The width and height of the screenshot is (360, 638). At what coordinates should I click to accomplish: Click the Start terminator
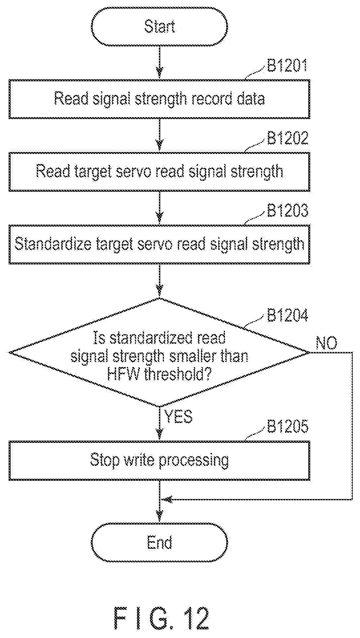click(160, 27)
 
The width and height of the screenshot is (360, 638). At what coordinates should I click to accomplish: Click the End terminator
click(160, 543)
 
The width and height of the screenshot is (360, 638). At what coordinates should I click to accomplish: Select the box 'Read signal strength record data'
click(160, 99)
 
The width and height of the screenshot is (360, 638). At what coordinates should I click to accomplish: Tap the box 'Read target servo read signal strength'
click(160, 172)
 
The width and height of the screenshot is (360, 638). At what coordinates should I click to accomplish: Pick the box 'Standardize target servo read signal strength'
click(160, 244)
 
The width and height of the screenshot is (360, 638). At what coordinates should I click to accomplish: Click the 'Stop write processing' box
click(160, 460)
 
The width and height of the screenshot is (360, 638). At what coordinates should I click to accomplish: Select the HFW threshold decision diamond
click(160, 352)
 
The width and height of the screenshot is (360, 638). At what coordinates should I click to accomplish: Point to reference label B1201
click(287, 66)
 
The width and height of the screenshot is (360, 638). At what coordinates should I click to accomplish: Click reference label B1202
click(287, 138)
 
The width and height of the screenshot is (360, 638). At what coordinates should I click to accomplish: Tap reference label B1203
click(287, 211)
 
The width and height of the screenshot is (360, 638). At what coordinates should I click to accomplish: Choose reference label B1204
click(287, 315)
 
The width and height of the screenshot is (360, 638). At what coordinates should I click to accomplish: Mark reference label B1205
click(287, 427)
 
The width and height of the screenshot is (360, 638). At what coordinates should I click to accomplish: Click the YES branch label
click(179, 417)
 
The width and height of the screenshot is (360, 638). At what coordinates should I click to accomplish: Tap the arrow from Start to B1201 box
click(160, 62)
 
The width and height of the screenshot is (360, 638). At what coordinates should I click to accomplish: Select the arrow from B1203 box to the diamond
click(160, 281)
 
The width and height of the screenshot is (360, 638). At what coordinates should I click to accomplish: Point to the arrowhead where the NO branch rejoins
click(166, 499)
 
